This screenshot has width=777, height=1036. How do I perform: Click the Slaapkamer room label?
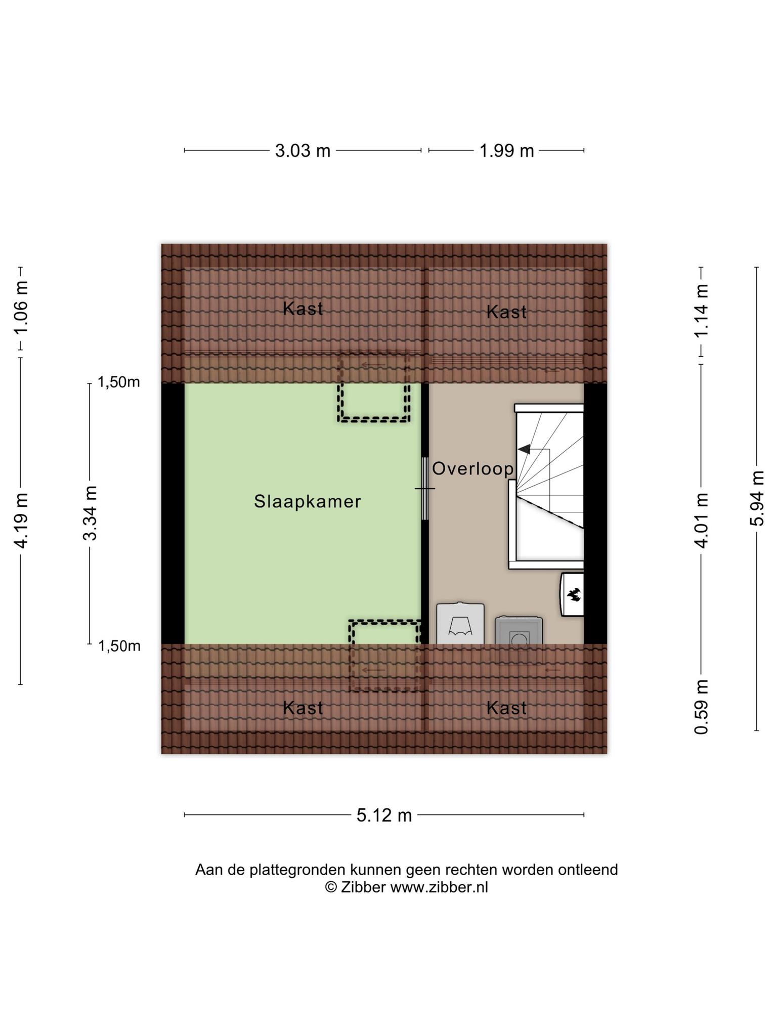(307, 501)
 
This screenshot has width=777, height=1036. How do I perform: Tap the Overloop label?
(472, 469)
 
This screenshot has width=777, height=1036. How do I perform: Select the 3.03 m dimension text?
(303, 151)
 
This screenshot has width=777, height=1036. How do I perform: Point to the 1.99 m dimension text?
(506, 151)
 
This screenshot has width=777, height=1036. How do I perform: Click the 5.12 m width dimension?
(384, 815)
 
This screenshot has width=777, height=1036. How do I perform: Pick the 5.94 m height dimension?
(757, 498)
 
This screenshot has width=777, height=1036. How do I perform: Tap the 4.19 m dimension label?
(21, 520)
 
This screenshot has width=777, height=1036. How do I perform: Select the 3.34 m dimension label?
(90, 513)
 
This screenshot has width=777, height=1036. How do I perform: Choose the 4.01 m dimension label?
(701, 520)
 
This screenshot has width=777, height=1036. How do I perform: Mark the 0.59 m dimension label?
(701, 707)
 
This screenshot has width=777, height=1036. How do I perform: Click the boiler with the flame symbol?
(573, 594)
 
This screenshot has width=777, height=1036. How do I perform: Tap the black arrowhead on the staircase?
(524, 449)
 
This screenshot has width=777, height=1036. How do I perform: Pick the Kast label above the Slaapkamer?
(303, 308)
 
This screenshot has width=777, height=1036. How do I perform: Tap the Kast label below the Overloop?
(506, 708)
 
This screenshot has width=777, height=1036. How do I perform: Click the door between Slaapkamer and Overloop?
(425, 489)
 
